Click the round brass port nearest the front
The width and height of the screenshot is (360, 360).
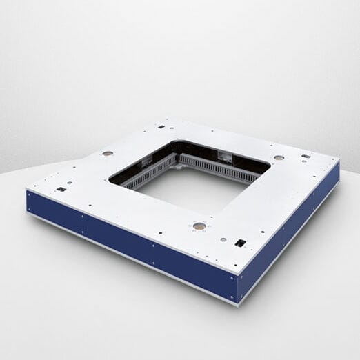click(x=199, y=226)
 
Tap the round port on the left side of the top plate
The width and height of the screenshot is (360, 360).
click(x=108, y=153)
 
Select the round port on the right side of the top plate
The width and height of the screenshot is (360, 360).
click(x=279, y=157)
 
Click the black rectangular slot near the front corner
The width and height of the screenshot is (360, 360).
click(x=240, y=243)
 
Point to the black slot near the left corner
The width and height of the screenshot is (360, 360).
click(x=61, y=189)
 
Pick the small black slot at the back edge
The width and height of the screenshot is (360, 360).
click(x=161, y=127)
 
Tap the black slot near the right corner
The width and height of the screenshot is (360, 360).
click(x=306, y=156)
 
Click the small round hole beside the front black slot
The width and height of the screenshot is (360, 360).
click(x=223, y=239)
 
